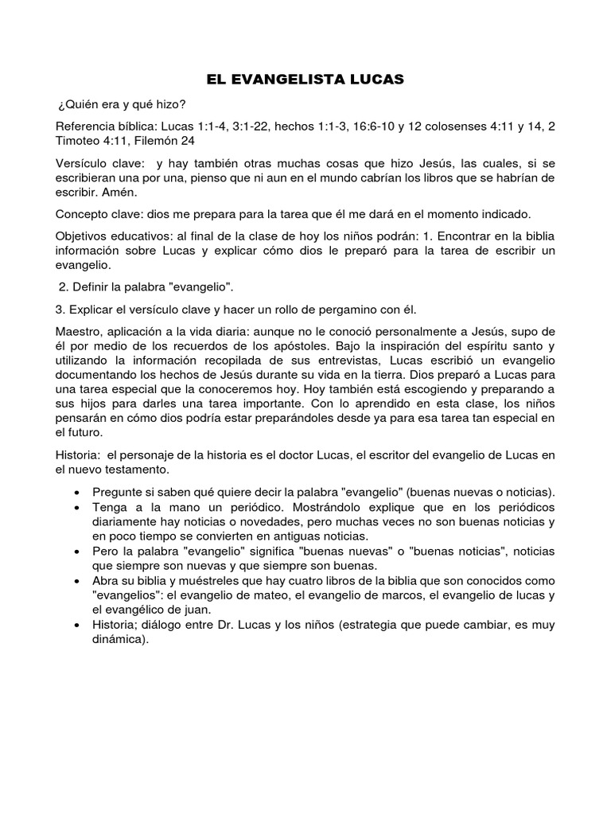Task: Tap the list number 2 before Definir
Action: [62, 286]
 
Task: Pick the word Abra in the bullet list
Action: [107, 581]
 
